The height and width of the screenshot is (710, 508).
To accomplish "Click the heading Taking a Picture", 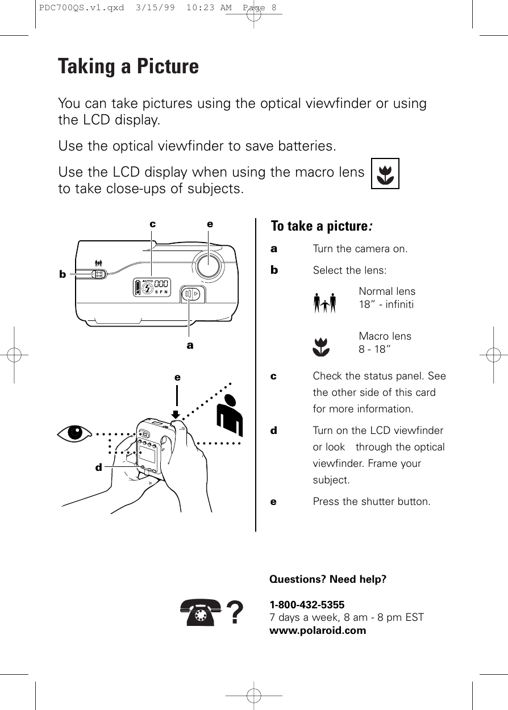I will pos(128,66).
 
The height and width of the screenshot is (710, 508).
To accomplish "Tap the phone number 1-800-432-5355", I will pos(306,604).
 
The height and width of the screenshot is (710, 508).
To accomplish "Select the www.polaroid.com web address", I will pos(318,630).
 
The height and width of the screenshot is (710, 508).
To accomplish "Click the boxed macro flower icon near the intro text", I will pos(385,173).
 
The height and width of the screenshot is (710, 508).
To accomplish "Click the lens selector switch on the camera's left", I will pos(98,274).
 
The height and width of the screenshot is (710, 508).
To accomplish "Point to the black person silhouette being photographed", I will pos(230,414).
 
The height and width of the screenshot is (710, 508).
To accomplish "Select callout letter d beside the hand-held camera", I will pos(98,468).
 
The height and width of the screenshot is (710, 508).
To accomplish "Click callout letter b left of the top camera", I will pos(63,274).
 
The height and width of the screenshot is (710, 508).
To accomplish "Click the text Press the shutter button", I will pos(372,502).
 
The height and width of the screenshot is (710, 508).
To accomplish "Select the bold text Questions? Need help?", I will pos(327,579).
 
